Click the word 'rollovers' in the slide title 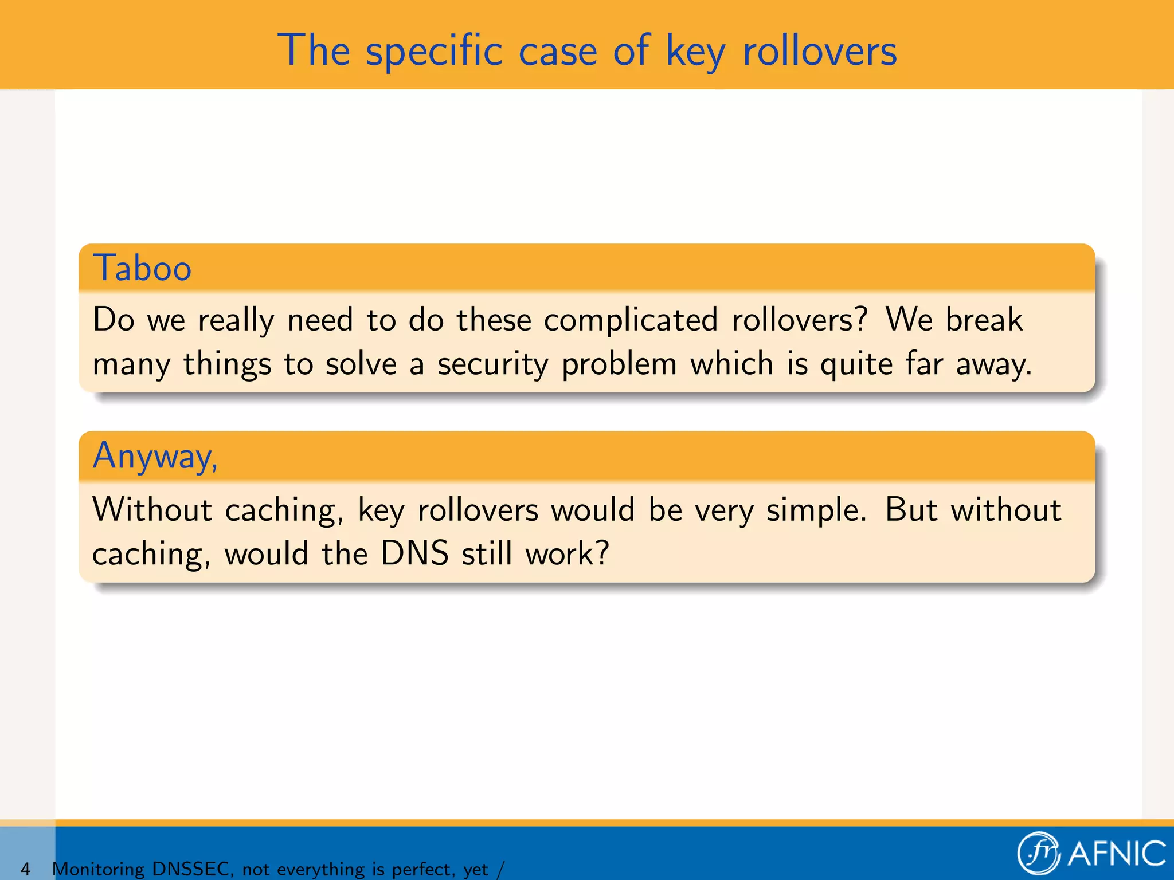[x=819, y=52]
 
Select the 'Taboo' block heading [x=142, y=268]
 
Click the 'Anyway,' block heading [x=155, y=457]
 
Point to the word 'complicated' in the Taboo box [x=630, y=320]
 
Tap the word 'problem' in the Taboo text [x=619, y=365]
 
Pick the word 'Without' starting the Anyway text [x=152, y=509]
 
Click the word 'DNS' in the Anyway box [x=414, y=554]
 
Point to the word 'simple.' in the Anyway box [x=816, y=509]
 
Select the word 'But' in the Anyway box [x=910, y=509]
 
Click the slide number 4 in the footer [x=25, y=869]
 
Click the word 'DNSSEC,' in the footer [x=193, y=869]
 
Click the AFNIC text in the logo [x=1117, y=854]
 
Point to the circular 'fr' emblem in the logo [x=1039, y=854]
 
